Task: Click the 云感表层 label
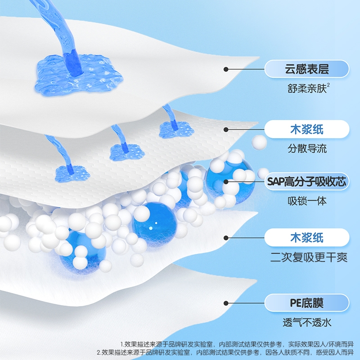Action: click(306, 69)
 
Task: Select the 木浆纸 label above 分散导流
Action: click(306, 129)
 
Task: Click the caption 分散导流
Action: click(307, 148)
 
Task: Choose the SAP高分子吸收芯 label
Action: click(306, 181)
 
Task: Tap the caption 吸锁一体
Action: click(307, 201)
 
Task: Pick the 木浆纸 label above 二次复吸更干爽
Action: click(306, 237)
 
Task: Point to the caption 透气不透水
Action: click(306, 322)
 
